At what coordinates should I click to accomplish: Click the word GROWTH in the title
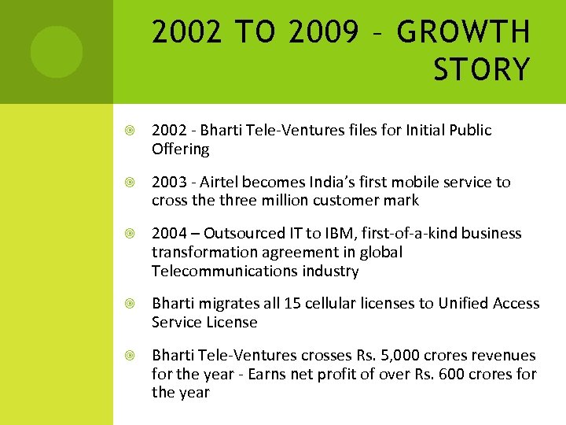463,33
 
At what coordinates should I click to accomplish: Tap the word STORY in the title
481,69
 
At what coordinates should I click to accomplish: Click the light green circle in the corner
57,52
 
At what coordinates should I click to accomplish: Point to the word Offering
180,150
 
